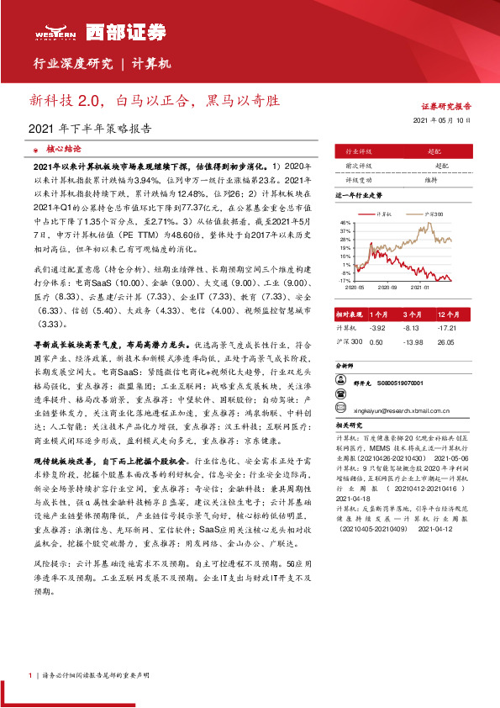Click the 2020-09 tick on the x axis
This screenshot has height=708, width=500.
tap(388, 287)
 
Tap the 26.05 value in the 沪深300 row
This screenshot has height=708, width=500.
tap(445, 342)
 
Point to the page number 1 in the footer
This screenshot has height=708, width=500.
tap(30, 674)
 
